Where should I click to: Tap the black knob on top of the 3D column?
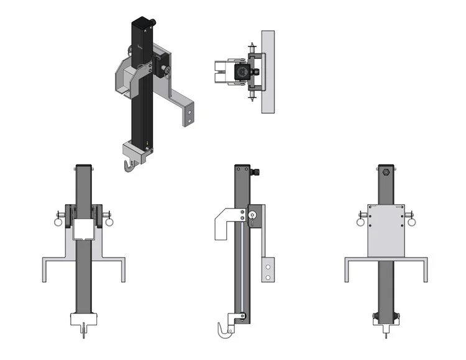tap(151, 23)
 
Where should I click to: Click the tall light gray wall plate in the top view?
tap(268, 71)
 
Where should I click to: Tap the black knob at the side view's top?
tap(255, 171)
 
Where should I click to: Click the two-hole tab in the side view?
tap(268, 269)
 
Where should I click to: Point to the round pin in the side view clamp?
tap(252, 215)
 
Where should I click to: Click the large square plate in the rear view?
tap(386, 230)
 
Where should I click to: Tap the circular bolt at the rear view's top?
tap(386, 173)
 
